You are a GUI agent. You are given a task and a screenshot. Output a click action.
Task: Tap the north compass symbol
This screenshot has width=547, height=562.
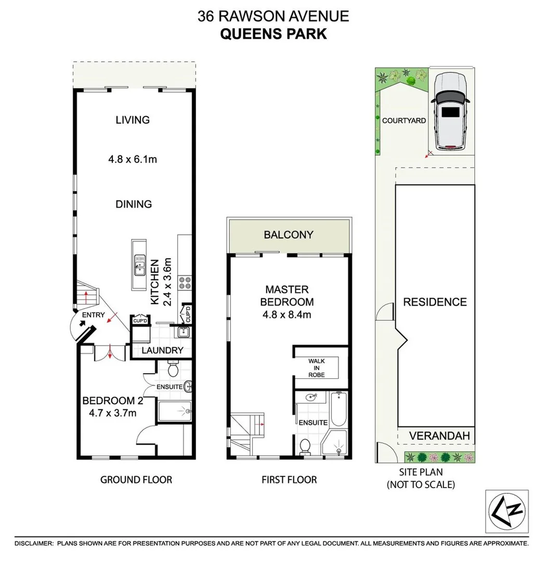(507, 512)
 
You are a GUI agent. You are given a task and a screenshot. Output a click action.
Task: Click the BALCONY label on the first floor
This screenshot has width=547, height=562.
(289, 235)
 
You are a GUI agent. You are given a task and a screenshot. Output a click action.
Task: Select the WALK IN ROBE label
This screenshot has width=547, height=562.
(317, 369)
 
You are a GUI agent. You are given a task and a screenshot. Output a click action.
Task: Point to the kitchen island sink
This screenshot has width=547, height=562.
(139, 264)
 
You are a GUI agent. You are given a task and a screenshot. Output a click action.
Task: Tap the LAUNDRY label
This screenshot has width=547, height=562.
(163, 350)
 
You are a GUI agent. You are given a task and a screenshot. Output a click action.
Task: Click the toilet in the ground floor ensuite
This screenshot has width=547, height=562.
(174, 370)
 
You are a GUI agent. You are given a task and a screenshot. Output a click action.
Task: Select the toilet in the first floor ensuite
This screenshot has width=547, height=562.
(306, 446)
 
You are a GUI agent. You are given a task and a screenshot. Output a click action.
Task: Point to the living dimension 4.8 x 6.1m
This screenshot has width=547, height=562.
(133, 159)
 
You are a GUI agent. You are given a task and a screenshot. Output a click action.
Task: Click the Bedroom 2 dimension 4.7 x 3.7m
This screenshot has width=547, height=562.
(112, 413)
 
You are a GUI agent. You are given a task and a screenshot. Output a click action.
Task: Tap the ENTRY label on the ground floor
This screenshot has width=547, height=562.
(94, 315)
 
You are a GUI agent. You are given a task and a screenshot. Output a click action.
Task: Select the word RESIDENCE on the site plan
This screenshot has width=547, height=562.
(435, 302)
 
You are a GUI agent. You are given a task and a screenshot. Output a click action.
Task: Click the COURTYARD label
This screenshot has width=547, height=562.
(404, 120)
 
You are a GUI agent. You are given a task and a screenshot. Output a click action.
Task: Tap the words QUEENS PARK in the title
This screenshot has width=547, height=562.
(273, 34)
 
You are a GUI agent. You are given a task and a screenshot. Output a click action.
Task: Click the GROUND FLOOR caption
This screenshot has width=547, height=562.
(136, 479)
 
